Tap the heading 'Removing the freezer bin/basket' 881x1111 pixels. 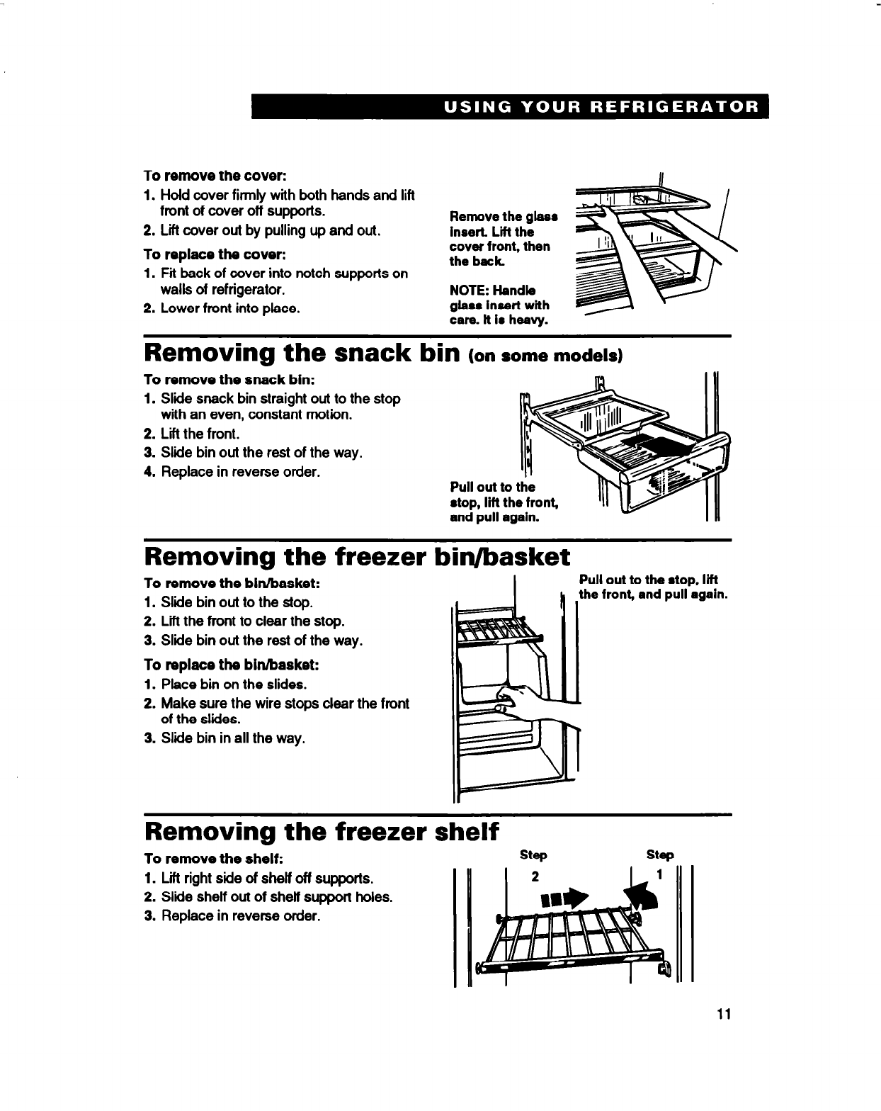(x=356, y=557)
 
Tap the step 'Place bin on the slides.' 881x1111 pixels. (x=234, y=684)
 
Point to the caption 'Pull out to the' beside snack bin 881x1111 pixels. (x=492, y=487)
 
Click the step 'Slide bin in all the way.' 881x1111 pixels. (x=233, y=738)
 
